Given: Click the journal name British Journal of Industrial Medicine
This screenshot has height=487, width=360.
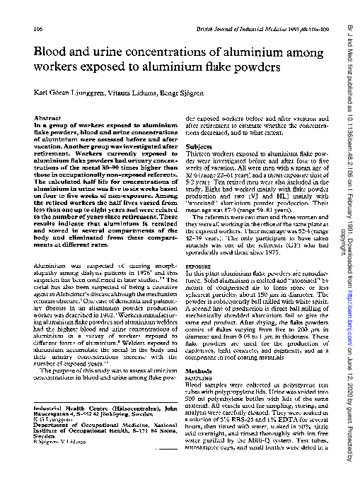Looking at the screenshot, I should tap(245, 28).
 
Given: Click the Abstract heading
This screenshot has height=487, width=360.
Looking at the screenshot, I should tap(45, 118).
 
